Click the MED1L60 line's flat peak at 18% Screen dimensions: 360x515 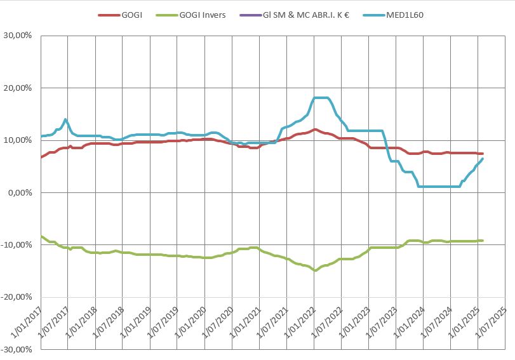(321, 98)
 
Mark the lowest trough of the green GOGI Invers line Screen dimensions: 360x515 (315, 270)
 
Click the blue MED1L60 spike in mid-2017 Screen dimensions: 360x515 (65, 119)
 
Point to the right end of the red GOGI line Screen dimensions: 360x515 (483, 154)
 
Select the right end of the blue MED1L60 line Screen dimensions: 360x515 (483, 159)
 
